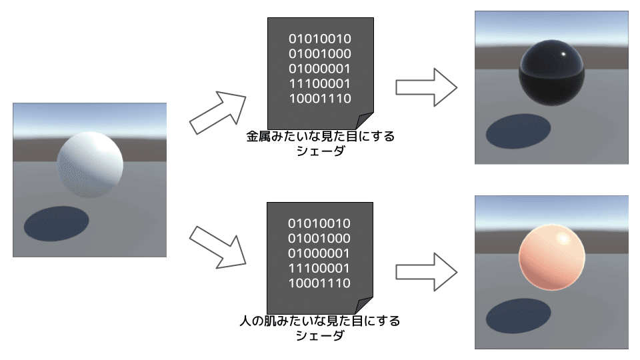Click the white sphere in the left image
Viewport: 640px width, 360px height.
[90, 164]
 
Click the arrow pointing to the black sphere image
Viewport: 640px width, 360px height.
[426, 87]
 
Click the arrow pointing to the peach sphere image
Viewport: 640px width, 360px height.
[426, 271]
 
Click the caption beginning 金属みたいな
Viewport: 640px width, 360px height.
[320, 137]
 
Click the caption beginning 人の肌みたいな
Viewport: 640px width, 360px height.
[320, 321]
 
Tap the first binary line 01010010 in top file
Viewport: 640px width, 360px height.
[320, 39]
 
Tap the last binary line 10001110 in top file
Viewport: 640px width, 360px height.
[320, 99]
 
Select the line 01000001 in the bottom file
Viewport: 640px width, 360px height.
[319, 253]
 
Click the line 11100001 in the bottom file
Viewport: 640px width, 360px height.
[319, 269]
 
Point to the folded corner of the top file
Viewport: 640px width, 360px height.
[366, 121]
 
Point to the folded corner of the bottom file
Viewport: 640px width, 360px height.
[366, 306]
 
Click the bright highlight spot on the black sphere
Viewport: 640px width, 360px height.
[563, 54]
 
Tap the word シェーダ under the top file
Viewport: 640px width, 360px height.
[320, 151]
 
